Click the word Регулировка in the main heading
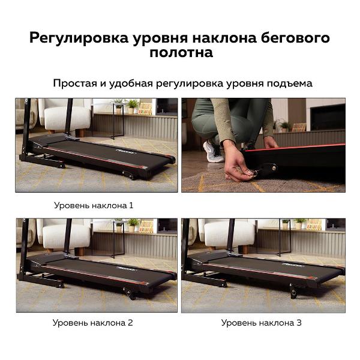pyautogui.click(x=79, y=38)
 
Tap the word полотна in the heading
pyautogui.click(x=181, y=53)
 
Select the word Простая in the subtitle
pyautogui.click(x=75, y=83)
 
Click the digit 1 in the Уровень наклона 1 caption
pyautogui.click(x=131, y=205)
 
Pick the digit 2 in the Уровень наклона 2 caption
pyautogui.click(x=130, y=323)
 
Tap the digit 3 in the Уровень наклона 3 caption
pyautogui.click(x=299, y=323)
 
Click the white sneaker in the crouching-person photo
pyautogui.click(x=213, y=152)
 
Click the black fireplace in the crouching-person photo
pyautogui.click(x=328, y=118)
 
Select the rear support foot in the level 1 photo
pyautogui.click(x=129, y=175)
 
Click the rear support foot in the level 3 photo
pyautogui.click(x=293, y=291)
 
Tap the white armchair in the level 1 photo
pyautogui.click(x=66, y=116)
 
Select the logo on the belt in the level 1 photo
pyautogui.click(x=126, y=152)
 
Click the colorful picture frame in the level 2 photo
pyautogui.click(x=146, y=226)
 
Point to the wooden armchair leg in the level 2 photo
pyautogui.click(x=80, y=251)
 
